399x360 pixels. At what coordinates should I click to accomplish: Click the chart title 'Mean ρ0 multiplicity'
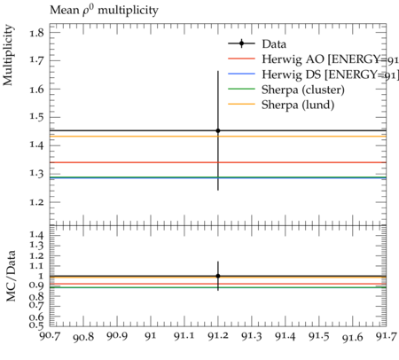[104, 11]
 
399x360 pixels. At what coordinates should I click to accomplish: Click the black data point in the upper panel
[218, 130]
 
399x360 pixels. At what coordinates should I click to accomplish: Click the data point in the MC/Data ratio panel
[218, 276]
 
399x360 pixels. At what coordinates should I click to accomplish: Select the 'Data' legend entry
[257, 43]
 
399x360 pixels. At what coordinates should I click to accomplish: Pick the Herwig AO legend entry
[313, 59]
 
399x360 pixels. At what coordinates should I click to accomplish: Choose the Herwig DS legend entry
[313, 74]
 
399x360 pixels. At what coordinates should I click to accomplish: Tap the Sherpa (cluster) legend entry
[286, 90]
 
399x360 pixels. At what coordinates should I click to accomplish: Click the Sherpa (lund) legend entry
[281, 105]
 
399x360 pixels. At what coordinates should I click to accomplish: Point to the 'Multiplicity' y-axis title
[8, 55]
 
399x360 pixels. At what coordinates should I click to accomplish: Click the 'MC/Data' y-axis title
[11, 276]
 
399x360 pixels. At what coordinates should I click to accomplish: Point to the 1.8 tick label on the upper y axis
[36, 33]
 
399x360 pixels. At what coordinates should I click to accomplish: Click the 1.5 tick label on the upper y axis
[36, 117]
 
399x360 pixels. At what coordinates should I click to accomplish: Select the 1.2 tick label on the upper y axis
[36, 202]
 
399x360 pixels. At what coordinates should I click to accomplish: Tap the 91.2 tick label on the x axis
[218, 336]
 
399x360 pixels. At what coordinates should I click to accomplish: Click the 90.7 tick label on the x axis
[50, 336]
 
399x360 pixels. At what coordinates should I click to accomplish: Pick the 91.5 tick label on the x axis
[319, 336]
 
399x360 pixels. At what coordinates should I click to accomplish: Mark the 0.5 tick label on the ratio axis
[36, 325]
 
